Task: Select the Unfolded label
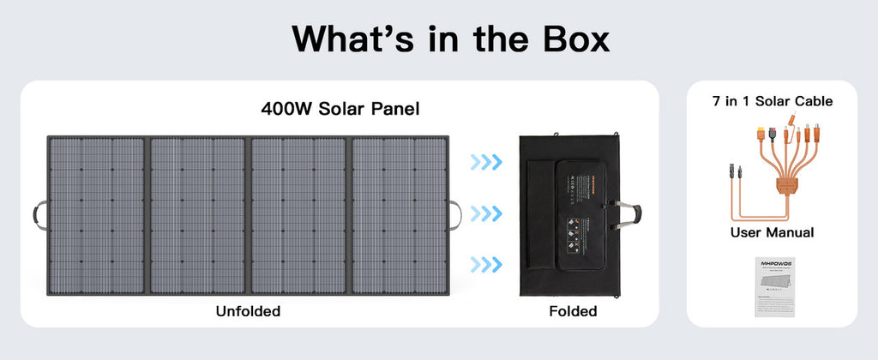click(x=248, y=311)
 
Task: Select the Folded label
click(x=573, y=311)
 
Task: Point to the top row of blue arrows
click(x=486, y=161)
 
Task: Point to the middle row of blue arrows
click(x=486, y=212)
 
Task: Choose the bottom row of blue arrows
click(x=486, y=263)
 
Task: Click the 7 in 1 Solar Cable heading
click(x=772, y=101)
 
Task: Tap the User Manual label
click(x=772, y=232)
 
